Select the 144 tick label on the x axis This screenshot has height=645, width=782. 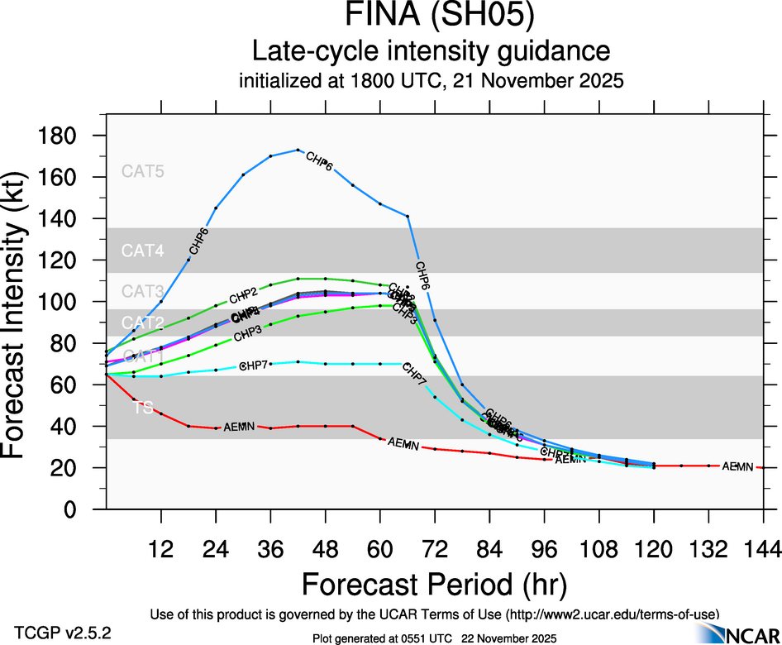click(x=763, y=549)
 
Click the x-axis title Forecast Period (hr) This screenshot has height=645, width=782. click(x=434, y=584)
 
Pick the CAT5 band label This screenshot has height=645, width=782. click(x=143, y=172)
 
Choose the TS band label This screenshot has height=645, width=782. click(x=143, y=408)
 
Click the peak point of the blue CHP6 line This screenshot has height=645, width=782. click(x=298, y=150)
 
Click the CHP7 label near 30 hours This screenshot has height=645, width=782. click(x=253, y=365)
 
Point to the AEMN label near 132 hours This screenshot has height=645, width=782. click(x=737, y=467)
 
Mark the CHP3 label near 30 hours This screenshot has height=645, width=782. click(x=249, y=335)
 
